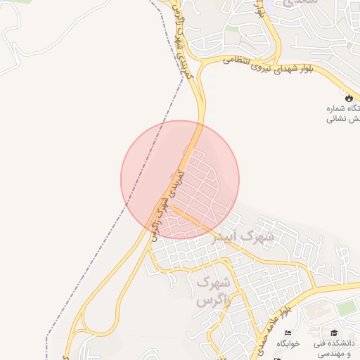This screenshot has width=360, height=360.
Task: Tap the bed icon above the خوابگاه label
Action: (287, 333)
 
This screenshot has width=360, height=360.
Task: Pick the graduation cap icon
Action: (334, 333)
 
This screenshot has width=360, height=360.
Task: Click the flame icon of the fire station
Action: (349, 97)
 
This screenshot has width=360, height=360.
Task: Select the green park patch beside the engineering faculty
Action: (346, 308)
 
